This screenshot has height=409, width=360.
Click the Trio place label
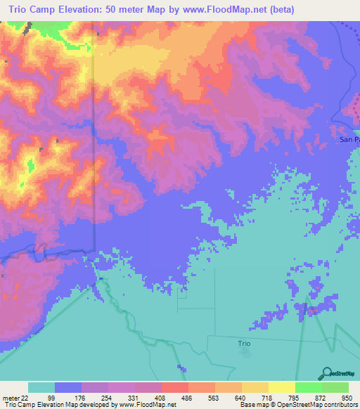[x=243, y=343]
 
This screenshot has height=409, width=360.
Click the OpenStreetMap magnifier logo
[x=326, y=373]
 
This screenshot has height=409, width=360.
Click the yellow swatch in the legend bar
[x=281, y=388]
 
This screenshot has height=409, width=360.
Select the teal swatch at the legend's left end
[x=41, y=388]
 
